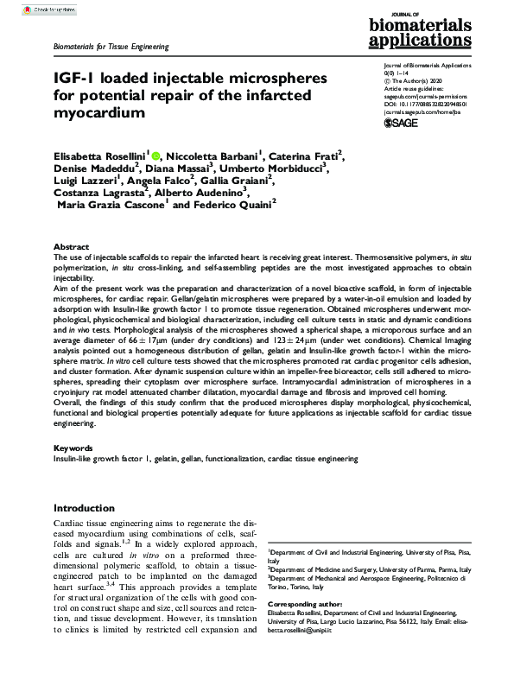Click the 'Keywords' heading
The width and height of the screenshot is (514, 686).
(74, 448)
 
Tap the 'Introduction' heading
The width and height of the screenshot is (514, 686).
(91, 508)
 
